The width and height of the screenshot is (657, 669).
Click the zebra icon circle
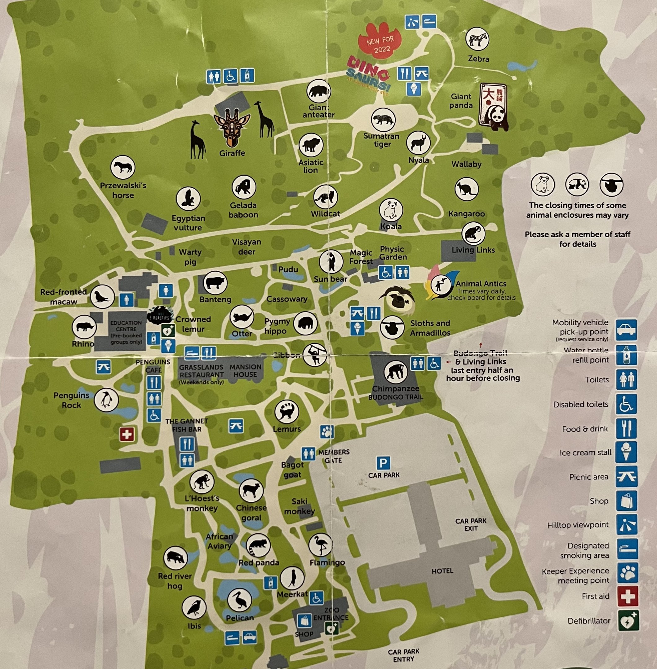tap(477, 39)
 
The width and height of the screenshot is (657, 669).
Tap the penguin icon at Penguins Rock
tap(106, 400)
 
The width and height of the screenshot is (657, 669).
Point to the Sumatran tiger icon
tap(383, 120)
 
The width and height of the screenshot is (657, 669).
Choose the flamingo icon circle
tap(321, 545)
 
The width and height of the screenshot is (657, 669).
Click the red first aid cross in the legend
tap(627, 596)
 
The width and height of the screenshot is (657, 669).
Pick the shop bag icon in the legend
tap(627, 501)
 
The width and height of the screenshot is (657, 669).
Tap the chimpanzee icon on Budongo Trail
tap(395, 372)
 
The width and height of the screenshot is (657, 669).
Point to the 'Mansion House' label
tap(245, 370)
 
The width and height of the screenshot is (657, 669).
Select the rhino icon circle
tap(84, 326)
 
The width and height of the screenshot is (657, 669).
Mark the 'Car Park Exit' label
tap(471, 524)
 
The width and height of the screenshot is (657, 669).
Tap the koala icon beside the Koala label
tap(391, 210)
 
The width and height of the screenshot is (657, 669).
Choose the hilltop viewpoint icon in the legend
tap(627, 525)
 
